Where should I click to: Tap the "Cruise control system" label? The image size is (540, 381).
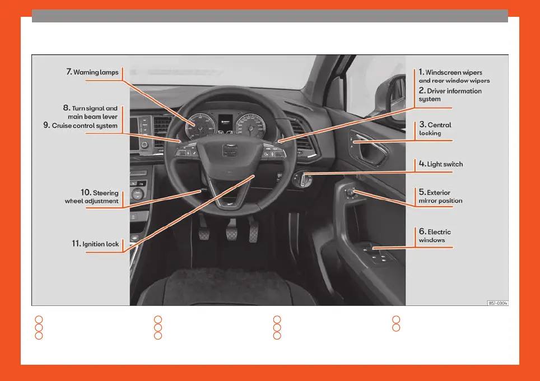[x=85, y=126]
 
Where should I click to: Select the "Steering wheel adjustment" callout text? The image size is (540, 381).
[x=92, y=197]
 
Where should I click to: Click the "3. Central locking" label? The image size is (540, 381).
[x=435, y=129]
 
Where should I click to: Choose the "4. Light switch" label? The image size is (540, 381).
[x=441, y=164]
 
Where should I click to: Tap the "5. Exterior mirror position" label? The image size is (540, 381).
[x=440, y=197]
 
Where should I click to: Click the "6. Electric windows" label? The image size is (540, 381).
[x=435, y=236]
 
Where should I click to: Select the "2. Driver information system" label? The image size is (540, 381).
[x=450, y=95]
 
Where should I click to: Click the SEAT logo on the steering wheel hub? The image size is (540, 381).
[x=228, y=150]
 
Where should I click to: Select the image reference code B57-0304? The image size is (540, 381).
[x=497, y=303]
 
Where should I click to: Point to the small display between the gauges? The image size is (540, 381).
[x=225, y=122]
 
